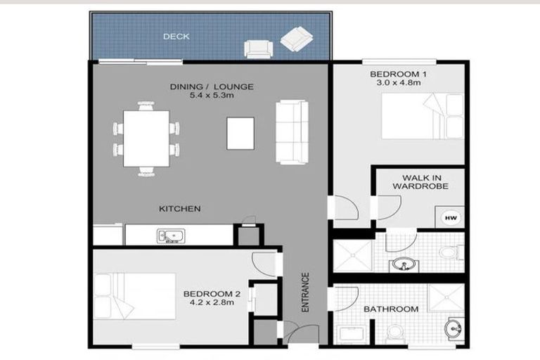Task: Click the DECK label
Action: point(176,37)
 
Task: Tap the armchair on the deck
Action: point(258,49)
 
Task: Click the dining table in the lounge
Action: point(146,138)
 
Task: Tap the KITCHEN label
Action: point(180,209)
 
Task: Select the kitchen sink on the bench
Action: point(171,235)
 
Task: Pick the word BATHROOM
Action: point(390,309)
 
